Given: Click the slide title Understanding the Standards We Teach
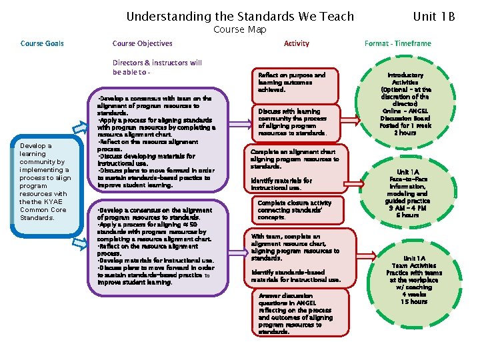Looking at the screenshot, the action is (240, 16).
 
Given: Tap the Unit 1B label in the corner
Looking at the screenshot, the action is (434, 16).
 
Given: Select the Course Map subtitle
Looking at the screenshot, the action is (239, 29).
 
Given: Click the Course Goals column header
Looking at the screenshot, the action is (43, 43).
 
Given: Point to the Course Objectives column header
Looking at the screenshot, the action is (142, 43).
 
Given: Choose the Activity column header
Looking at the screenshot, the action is (296, 43).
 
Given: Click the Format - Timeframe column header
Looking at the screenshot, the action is (397, 43).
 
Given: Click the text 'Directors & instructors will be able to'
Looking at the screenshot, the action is (157, 67).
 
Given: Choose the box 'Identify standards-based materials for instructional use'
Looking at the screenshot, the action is (296, 275).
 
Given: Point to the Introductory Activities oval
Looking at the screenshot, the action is (405, 103).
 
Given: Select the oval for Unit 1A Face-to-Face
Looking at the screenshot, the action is (407, 193).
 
